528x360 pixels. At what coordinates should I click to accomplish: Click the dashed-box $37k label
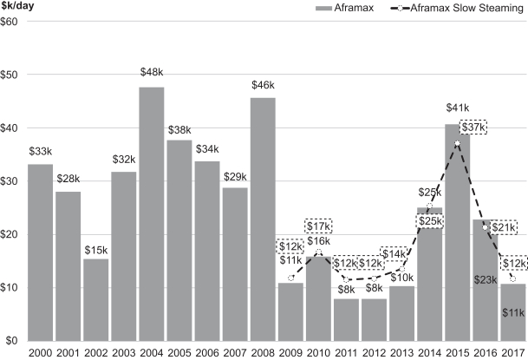click(473, 127)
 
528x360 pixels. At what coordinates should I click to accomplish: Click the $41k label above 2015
click(457, 110)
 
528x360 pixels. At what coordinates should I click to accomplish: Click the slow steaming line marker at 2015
click(458, 143)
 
